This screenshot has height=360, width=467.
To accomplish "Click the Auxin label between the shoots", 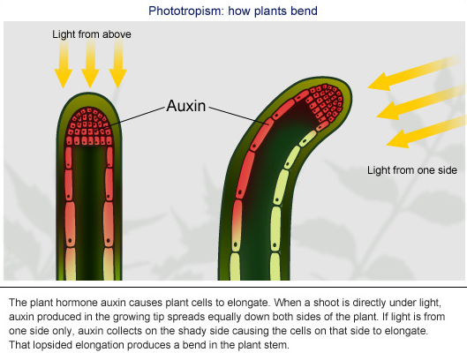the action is (186, 106).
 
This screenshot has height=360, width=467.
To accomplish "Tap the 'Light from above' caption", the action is (92, 34).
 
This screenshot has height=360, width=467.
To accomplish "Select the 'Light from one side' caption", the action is (412, 170).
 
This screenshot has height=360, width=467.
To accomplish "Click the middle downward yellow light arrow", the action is (90, 64).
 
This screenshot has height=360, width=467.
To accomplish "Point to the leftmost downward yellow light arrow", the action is (64, 64).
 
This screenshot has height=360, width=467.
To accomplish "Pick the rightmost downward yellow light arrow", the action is (118, 64).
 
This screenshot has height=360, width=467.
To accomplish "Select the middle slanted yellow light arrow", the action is (421, 102).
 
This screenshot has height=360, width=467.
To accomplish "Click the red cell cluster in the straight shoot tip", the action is (89, 126).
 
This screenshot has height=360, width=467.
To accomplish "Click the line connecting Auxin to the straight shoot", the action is (135, 117).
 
